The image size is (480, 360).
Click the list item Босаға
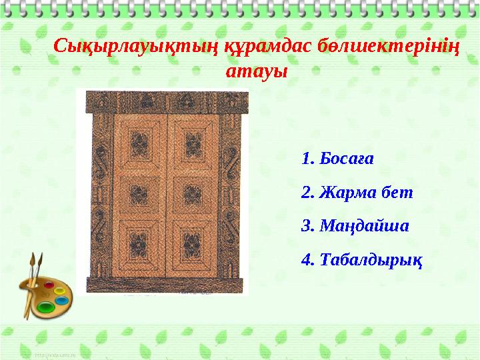point(347,159)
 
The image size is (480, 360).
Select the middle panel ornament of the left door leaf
point(139,194)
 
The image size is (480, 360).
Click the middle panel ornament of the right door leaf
point(193,194)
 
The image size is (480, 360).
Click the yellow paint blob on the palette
point(59,290)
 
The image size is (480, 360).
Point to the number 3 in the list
point(307,225)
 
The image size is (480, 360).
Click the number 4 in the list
point(307,258)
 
